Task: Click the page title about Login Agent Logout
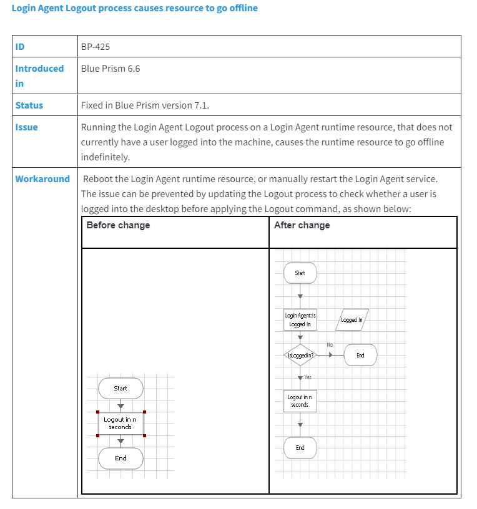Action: [134, 8]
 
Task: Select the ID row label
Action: [20, 46]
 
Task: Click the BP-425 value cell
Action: [96, 46]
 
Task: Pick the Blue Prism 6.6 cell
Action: [111, 69]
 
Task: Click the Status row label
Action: [29, 105]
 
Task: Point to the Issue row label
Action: [26, 127]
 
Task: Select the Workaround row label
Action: [42, 179]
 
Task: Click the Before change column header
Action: [118, 225]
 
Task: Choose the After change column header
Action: [302, 225]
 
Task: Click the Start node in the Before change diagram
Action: [120, 388]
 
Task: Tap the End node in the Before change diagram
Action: [120, 458]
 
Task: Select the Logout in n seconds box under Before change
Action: [120, 424]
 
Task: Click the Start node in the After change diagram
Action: [300, 273]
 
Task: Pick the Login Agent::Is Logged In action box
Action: [300, 320]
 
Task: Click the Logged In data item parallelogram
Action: [352, 320]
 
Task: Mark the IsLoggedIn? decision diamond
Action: [300, 355]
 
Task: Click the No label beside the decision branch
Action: [330, 345]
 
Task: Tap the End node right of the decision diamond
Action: [360, 355]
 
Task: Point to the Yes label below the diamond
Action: [308, 377]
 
